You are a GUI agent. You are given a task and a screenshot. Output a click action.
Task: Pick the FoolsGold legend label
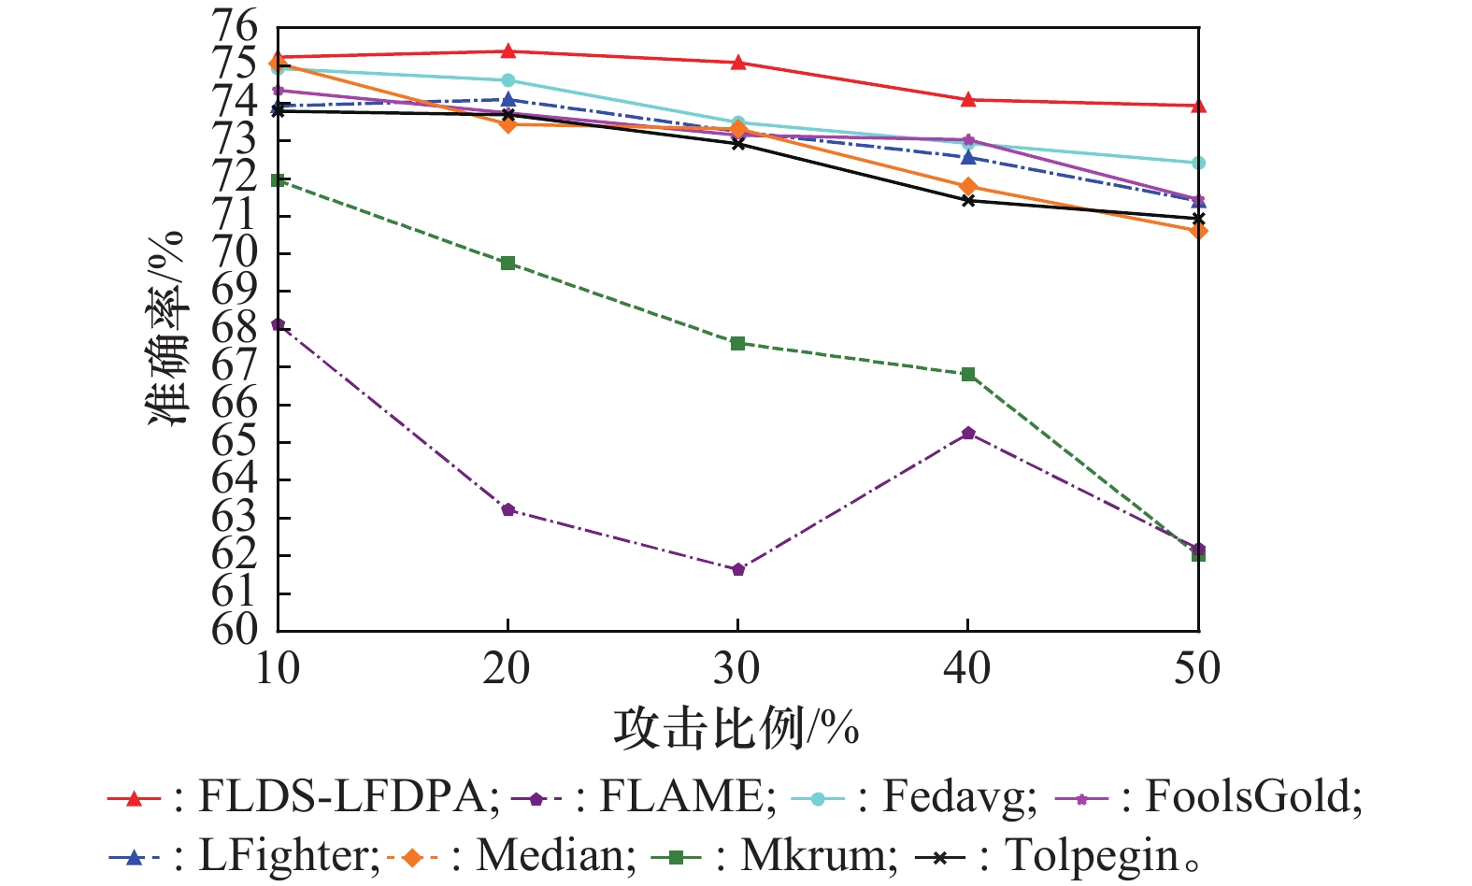click(1253, 797)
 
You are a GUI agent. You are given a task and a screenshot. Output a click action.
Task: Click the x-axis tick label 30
click(737, 668)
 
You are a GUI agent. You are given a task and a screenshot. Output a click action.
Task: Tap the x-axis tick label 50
click(1197, 668)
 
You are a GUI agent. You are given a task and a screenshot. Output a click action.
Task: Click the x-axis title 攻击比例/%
click(736, 728)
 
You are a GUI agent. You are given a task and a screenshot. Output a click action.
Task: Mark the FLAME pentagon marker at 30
click(738, 569)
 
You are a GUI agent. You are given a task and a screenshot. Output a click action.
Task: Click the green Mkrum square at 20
click(507, 263)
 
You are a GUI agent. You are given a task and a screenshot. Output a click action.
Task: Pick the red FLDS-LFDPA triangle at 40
click(968, 99)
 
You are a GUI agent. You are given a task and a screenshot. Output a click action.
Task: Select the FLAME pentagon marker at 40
click(968, 433)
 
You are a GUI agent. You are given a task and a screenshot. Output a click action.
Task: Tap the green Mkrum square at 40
click(968, 374)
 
